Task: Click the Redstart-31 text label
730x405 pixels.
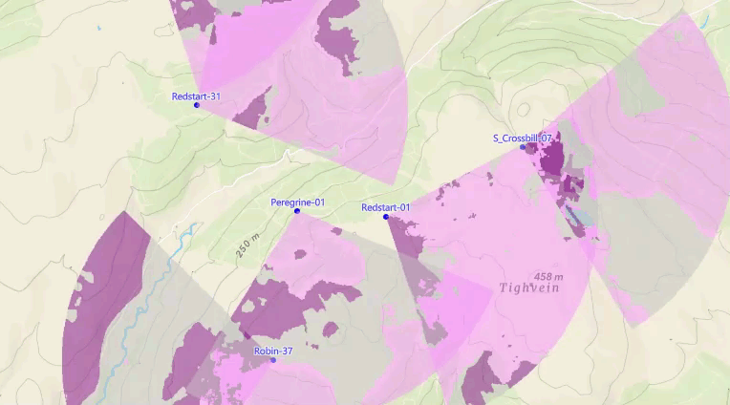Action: (x=196, y=96)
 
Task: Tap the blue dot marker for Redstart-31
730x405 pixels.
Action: (x=197, y=105)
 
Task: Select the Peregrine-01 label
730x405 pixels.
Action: (x=297, y=202)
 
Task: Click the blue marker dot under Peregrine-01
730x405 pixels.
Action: (x=297, y=211)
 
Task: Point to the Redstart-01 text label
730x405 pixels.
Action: (x=385, y=208)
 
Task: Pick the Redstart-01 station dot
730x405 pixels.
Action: (x=386, y=218)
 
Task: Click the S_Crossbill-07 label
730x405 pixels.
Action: (x=523, y=139)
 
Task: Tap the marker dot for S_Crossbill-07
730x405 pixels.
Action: (x=523, y=147)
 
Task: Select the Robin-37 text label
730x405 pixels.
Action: (x=272, y=352)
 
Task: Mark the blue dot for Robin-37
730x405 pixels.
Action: (x=272, y=360)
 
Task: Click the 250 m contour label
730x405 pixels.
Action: (x=248, y=245)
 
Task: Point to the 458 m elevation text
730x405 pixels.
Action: (x=548, y=276)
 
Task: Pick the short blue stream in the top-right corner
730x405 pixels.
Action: (x=705, y=13)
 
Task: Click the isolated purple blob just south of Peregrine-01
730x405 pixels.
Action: (x=300, y=255)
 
